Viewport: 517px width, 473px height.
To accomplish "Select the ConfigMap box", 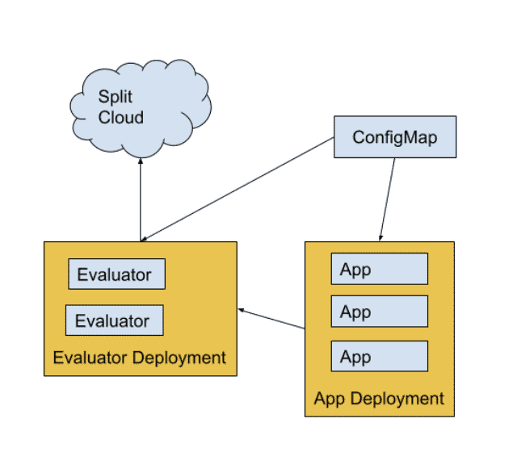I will [394, 137].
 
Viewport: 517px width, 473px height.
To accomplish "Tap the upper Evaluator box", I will [116, 274].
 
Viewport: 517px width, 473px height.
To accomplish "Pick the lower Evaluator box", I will [114, 320].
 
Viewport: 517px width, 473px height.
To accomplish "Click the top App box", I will [379, 269].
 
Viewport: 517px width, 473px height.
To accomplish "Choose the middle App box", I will [379, 312].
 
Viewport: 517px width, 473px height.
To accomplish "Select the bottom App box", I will [379, 356].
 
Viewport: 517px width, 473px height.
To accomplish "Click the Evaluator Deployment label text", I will [139, 358].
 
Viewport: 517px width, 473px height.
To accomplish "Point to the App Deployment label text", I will [379, 399].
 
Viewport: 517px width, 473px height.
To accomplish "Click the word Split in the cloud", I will [116, 96].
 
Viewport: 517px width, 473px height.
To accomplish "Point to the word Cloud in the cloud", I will [121, 117].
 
